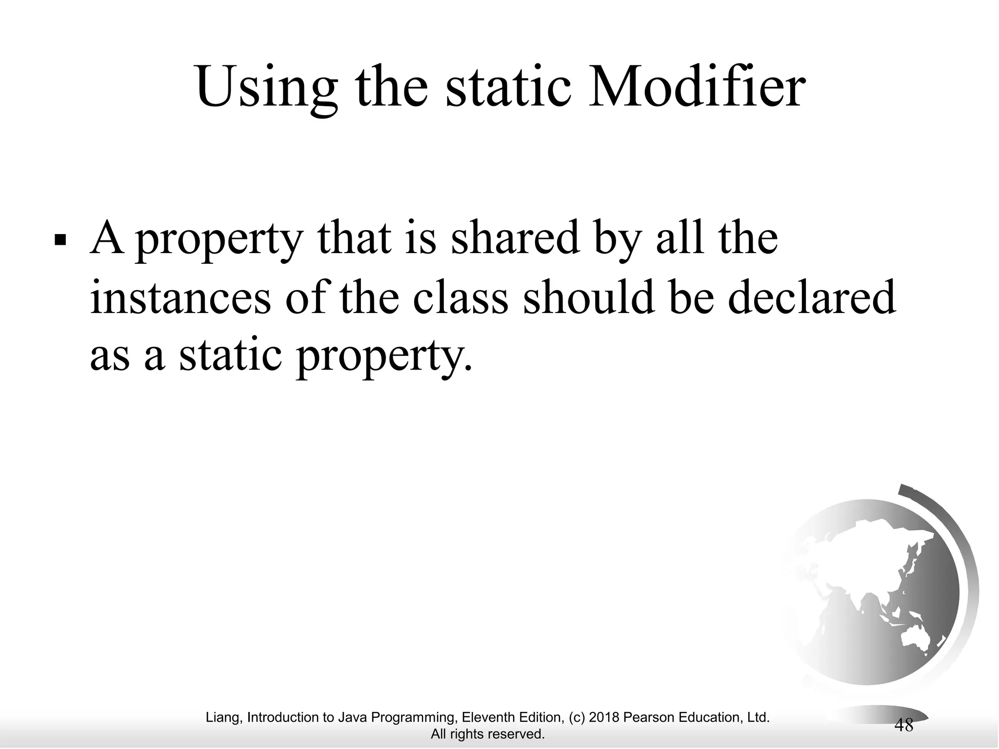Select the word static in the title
click(x=508, y=88)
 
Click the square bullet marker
click(x=60, y=240)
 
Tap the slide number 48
click(x=904, y=725)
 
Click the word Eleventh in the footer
click(x=484, y=717)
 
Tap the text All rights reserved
click(x=487, y=734)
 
